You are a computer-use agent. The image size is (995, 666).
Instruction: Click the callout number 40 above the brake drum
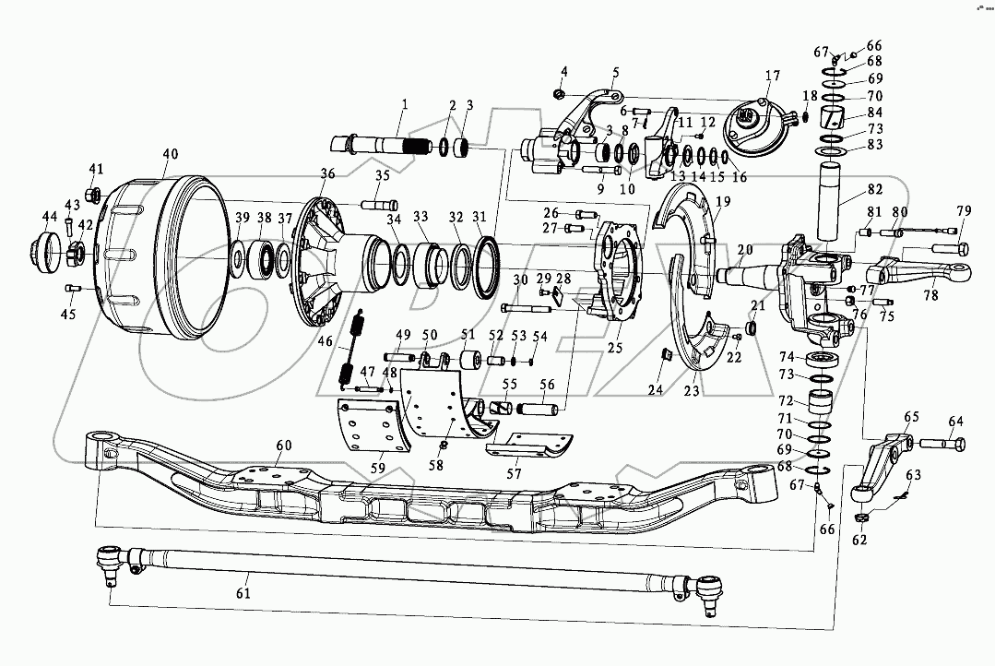point(171,154)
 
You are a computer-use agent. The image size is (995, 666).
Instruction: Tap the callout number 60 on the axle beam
point(284,446)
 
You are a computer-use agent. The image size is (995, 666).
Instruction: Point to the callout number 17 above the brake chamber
point(771,76)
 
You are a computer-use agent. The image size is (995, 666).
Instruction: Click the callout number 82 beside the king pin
point(874,189)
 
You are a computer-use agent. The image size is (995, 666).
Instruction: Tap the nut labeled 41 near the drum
point(93,195)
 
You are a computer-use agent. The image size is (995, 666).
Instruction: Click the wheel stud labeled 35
point(379,203)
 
